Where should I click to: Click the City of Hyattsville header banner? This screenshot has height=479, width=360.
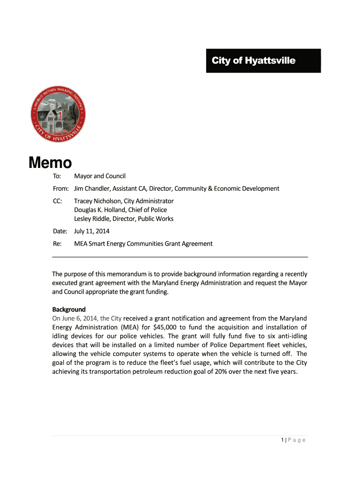(x=263, y=61)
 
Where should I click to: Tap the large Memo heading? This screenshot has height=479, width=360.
(x=50, y=163)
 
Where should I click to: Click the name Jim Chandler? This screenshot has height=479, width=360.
(x=92, y=189)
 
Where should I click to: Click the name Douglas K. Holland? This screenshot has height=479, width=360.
(x=99, y=210)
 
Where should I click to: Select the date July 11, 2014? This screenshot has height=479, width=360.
(x=92, y=231)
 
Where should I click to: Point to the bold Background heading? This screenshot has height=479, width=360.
(x=69, y=309)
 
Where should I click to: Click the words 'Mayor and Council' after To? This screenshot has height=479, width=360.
(x=100, y=176)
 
